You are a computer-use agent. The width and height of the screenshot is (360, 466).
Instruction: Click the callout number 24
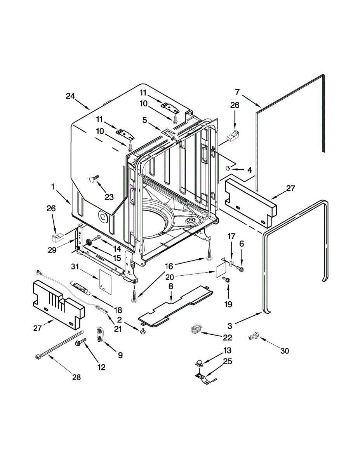pyautogui.click(x=70, y=96)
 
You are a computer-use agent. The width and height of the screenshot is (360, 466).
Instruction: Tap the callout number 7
pyautogui.click(x=237, y=92)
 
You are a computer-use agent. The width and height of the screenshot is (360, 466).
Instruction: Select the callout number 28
pyautogui.click(x=77, y=377)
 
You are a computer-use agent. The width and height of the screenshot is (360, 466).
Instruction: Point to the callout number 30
pyautogui.click(x=285, y=351)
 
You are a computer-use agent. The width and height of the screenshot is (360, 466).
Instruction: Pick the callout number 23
pyautogui.click(x=109, y=197)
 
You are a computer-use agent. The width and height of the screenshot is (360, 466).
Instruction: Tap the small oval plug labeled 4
pyautogui.click(x=229, y=168)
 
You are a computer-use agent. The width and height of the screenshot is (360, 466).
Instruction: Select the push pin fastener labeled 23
pyautogui.click(x=94, y=179)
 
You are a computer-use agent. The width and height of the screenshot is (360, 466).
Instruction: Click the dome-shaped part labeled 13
pyautogui.click(x=199, y=364)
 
